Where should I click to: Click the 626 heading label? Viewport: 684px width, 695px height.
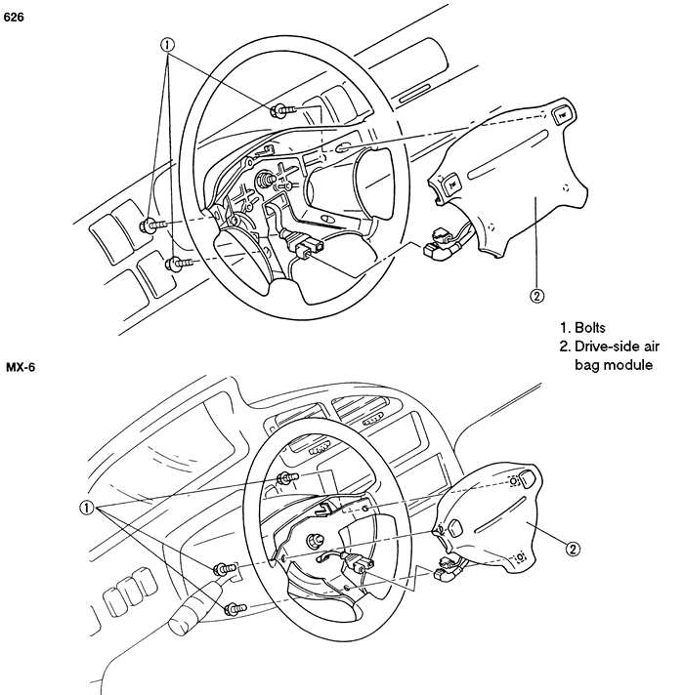(14, 18)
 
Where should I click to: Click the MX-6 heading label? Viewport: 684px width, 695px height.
(21, 367)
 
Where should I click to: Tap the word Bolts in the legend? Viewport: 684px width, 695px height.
(590, 328)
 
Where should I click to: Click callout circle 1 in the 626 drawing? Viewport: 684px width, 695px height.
(167, 45)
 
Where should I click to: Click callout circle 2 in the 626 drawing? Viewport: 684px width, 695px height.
(536, 296)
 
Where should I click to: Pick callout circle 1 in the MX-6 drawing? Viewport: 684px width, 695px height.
(87, 508)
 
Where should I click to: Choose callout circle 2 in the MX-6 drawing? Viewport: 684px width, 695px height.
(573, 550)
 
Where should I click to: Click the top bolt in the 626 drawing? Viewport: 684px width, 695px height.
(282, 110)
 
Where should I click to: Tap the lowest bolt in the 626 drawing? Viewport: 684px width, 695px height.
(179, 264)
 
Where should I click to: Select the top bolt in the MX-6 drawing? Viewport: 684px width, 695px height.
(288, 478)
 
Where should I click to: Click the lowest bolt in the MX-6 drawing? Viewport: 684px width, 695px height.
(235, 609)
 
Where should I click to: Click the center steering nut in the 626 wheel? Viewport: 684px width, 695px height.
(266, 179)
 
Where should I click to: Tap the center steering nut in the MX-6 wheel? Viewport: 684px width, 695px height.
(315, 541)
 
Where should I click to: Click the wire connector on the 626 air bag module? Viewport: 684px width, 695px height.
(438, 244)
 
